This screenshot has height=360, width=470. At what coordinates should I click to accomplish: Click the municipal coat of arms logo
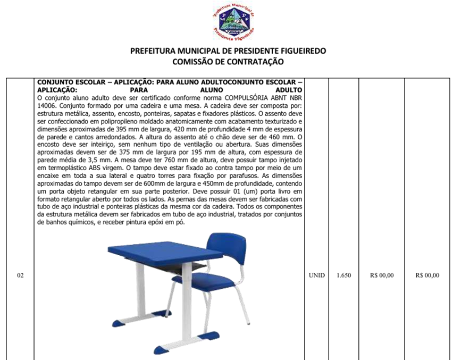(x=233, y=22)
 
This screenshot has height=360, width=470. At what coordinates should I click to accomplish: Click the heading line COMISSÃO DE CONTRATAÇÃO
(x=228, y=62)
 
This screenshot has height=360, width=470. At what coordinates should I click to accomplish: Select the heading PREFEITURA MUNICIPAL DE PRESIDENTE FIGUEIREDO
(x=228, y=51)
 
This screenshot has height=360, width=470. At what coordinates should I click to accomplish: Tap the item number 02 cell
(x=20, y=275)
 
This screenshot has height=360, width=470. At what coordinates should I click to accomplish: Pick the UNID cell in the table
(x=316, y=275)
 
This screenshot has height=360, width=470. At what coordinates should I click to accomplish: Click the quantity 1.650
(x=343, y=275)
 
